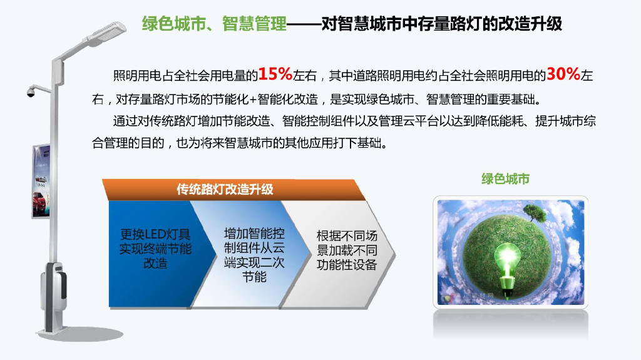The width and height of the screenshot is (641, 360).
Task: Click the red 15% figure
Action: [275, 75]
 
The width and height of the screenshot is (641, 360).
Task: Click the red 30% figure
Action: [563, 75]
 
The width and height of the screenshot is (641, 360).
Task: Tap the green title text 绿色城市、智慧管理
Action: [215, 24]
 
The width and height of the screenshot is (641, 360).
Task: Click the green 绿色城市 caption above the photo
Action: [505, 179]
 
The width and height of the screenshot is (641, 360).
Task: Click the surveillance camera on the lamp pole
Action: [31, 92]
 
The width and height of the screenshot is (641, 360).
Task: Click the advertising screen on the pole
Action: [41, 182]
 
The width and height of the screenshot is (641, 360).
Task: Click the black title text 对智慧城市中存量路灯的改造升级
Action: [441, 24]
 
